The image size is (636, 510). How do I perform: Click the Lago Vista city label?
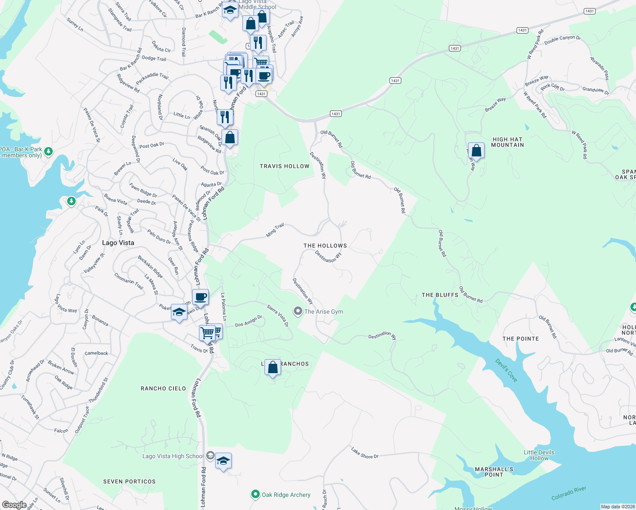pos(118,243)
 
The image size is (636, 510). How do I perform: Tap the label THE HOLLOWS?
pos(325,246)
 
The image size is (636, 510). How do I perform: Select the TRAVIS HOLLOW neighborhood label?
pos(284,166)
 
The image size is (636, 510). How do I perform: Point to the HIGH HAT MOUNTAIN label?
pos(507,142)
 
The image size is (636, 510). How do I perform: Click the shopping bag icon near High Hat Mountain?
pos(477,151)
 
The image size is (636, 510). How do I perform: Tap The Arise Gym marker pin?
pos(298,312)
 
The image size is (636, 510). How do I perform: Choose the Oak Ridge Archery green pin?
pos(256,494)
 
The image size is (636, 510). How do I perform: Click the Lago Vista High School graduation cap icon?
pos(223,461)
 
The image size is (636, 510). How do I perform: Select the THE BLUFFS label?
pos(440,295)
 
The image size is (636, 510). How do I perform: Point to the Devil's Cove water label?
pos(506,370)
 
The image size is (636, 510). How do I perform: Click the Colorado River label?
pos(568,493)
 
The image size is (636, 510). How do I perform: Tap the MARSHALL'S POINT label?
pos(494,472)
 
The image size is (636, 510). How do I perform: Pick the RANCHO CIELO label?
pos(163,388)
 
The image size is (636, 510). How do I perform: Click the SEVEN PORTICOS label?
pos(129,482)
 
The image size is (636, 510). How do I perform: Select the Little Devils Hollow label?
pos(539,455)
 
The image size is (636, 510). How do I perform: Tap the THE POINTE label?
pos(520,339)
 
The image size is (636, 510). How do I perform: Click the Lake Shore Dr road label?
pos(364,453)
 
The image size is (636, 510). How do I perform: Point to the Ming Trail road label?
pos(275,230)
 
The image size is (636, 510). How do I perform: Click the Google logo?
pos(14,504)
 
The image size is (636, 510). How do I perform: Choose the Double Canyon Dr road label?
pos(562,40)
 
